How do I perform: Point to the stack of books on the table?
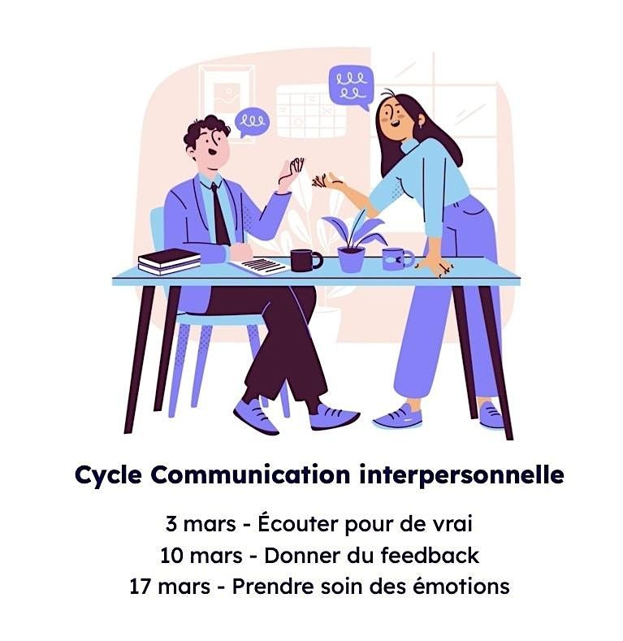tap(169, 262)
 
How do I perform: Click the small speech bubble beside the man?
tap(252, 121)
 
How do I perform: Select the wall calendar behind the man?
tap(310, 111)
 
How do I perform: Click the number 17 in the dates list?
tap(141, 587)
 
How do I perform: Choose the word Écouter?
tap(297, 523)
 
